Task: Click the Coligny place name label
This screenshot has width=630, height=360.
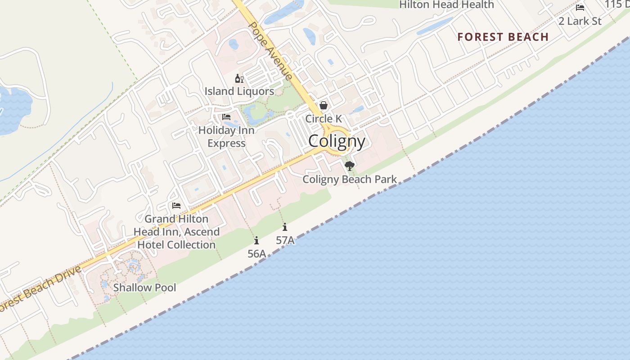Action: [337, 141]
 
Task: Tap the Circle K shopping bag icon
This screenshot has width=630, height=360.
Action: [323, 105]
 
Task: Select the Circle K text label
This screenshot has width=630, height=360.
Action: [323, 119]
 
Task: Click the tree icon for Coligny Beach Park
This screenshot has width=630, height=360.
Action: [349, 166]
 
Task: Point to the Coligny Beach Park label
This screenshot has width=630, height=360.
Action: [350, 179]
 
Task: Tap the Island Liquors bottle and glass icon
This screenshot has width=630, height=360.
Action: [239, 79]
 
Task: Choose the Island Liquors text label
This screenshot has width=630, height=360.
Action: [239, 91]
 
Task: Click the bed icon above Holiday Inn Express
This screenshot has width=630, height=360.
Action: [226, 117]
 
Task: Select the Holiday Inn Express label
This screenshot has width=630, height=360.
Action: [226, 137]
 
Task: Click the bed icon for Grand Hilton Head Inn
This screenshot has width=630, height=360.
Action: [176, 206]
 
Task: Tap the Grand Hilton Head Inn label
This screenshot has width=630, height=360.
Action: [176, 232]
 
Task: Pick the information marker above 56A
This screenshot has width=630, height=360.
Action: [256, 241]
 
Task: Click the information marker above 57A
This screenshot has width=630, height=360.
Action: [285, 227]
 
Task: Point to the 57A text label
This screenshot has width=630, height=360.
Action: [285, 240]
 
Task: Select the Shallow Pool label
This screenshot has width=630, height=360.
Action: [144, 287]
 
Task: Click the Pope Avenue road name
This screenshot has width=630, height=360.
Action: [270, 50]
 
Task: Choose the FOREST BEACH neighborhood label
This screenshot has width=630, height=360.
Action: [503, 37]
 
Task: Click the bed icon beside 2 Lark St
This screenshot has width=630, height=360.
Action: [580, 8]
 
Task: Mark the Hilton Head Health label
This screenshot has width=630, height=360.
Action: [446, 5]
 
